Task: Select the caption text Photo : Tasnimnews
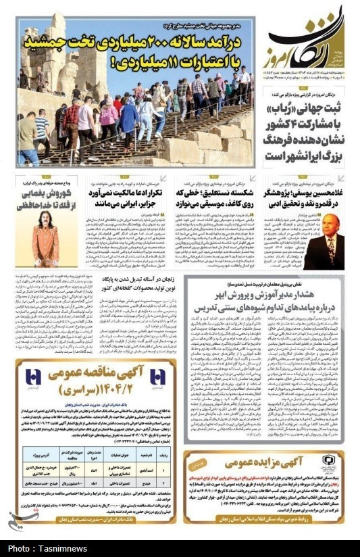(38, 548)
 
